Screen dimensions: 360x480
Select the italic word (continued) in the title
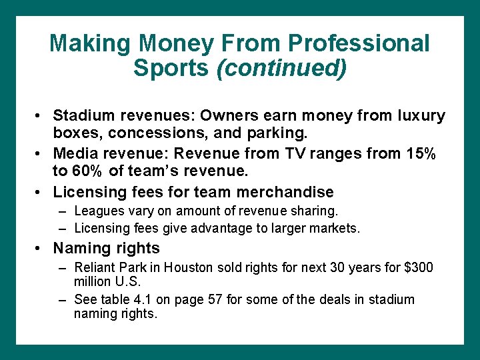click(x=282, y=68)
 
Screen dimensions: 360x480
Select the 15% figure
click(x=417, y=154)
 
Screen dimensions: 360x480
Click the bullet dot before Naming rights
click(x=40, y=249)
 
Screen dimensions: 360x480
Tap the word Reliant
click(x=95, y=268)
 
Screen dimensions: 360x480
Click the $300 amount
click(x=418, y=268)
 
